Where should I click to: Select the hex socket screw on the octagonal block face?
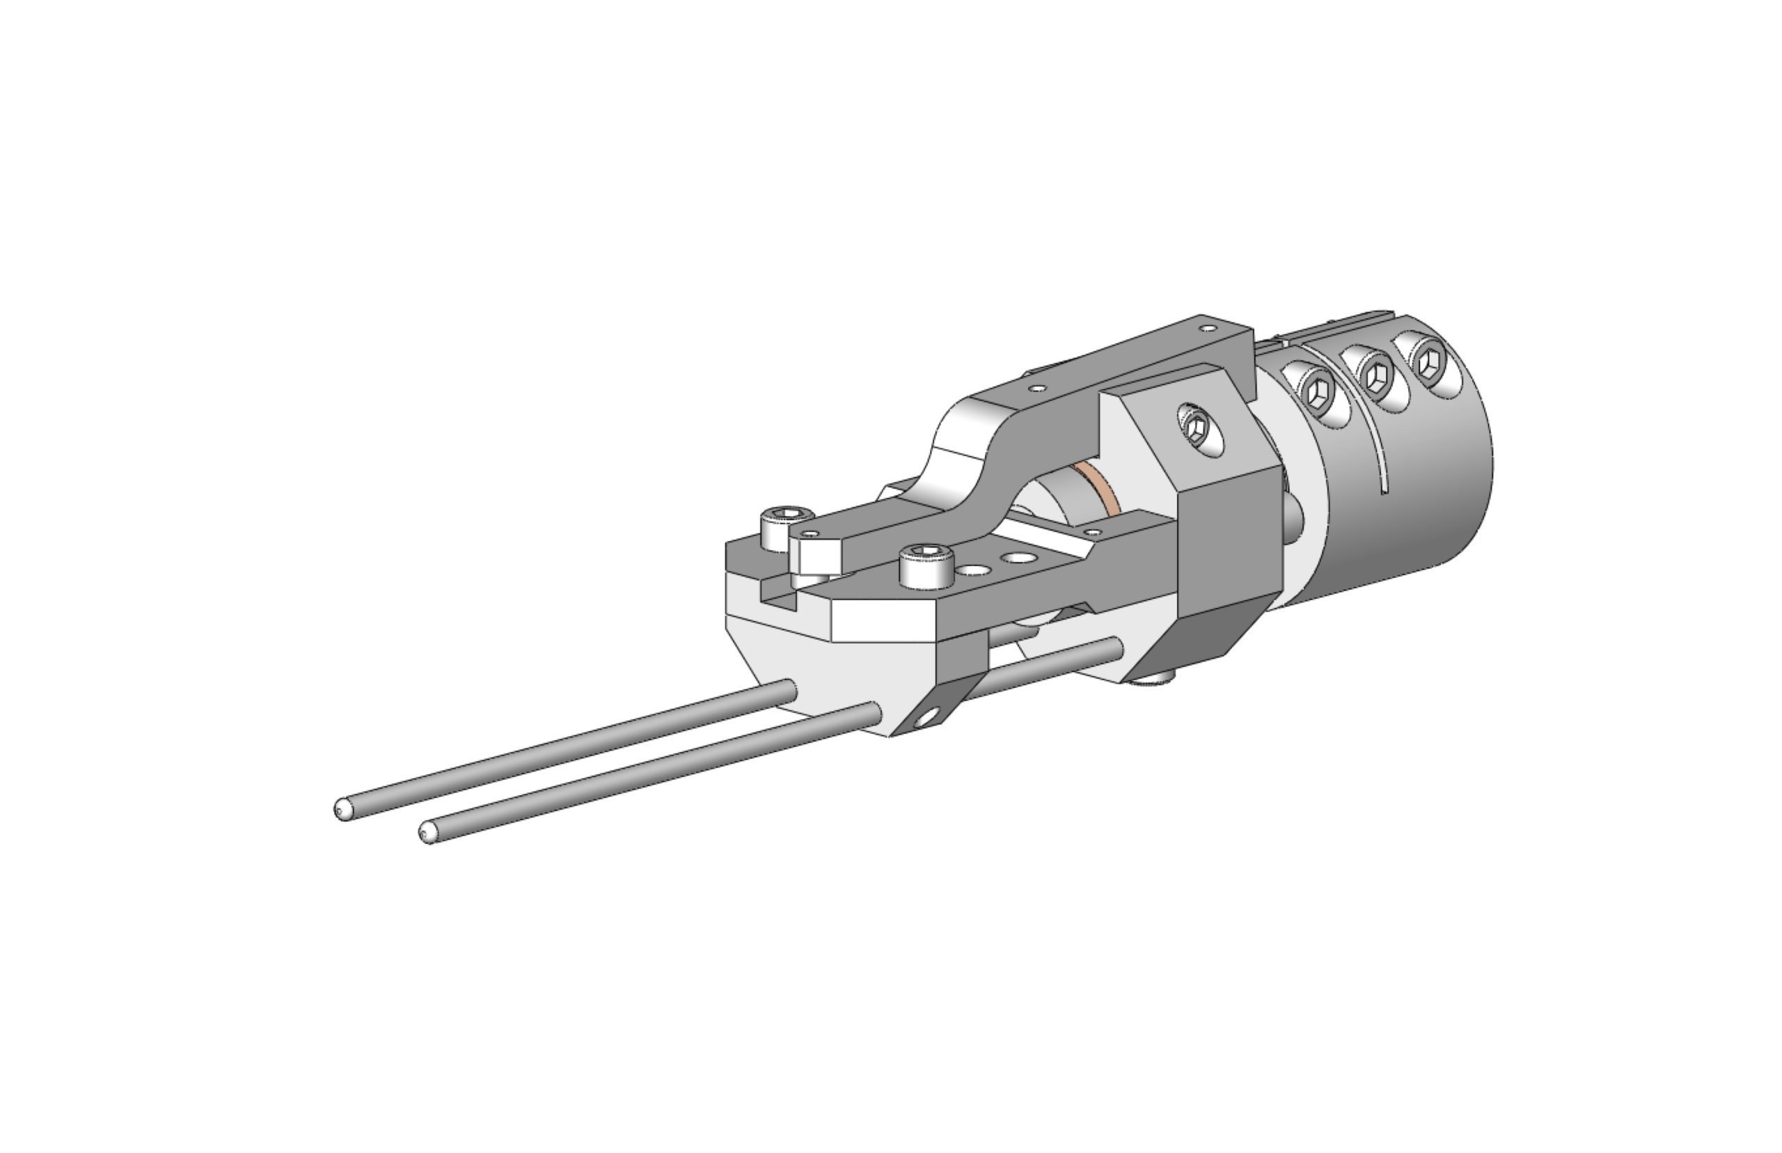(x=1194, y=428)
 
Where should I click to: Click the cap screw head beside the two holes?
(x=927, y=556)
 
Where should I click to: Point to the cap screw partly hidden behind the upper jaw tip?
(x=784, y=517)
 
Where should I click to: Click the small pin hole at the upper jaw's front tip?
(x=807, y=534)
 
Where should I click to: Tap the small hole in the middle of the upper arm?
(x=1036, y=389)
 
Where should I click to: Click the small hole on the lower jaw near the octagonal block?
(x=1093, y=533)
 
